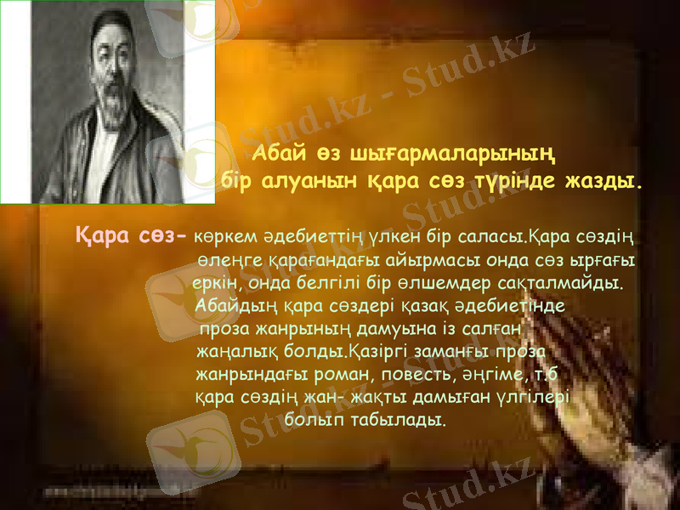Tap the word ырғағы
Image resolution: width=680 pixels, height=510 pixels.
tap(604, 258)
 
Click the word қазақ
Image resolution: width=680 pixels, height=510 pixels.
tap(423, 304)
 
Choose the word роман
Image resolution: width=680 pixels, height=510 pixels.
tap(337, 373)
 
